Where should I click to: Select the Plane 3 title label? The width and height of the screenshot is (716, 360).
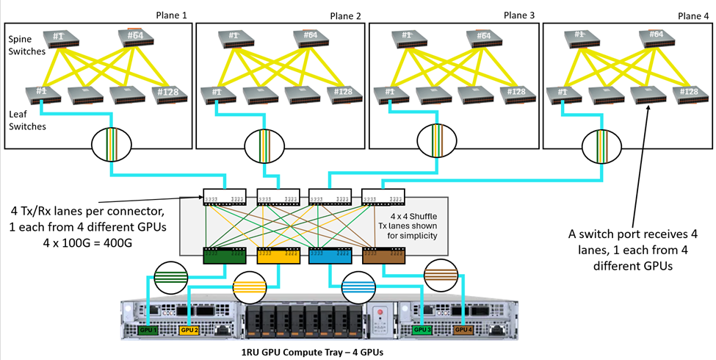click(x=520, y=15)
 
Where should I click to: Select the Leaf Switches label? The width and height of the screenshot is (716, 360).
click(x=27, y=120)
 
